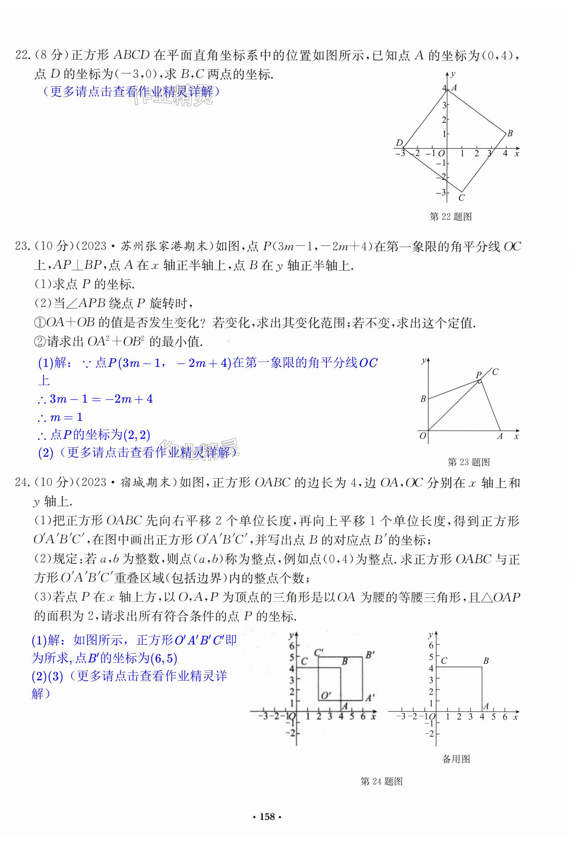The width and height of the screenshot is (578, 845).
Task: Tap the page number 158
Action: [267, 817]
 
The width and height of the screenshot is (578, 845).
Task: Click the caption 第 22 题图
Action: [450, 217]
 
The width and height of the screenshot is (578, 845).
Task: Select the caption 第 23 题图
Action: [469, 462]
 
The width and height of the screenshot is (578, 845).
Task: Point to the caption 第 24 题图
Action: [381, 781]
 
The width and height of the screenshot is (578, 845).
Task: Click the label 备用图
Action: [456, 759]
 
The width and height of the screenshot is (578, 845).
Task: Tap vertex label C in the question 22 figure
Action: [461, 198]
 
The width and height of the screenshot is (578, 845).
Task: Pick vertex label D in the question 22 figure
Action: [399, 142]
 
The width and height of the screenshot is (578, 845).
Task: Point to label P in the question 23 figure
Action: [478, 374]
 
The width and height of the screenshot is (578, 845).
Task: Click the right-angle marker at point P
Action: [480, 381]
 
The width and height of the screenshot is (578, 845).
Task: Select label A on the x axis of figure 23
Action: [500, 436]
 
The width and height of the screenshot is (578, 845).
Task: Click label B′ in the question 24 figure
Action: [370, 655]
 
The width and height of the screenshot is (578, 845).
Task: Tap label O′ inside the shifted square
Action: [325, 696]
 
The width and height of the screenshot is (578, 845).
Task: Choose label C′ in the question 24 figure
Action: [319, 652]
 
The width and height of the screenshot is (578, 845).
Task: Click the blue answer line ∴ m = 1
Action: [60, 417]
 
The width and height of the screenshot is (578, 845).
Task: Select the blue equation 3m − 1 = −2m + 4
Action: [95, 399]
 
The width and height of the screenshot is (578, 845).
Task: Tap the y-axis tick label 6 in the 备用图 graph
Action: [431, 645]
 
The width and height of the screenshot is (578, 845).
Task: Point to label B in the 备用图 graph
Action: [486, 661]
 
